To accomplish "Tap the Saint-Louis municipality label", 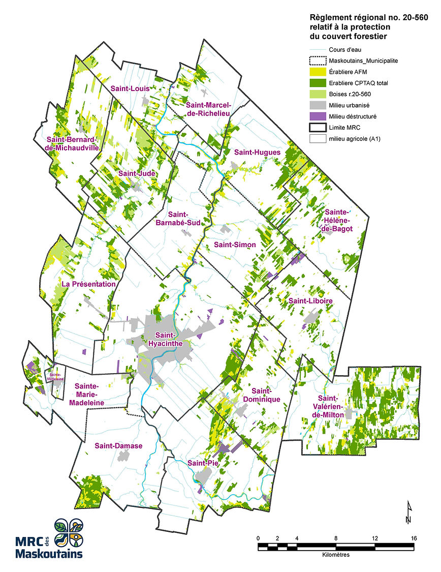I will click(130, 88).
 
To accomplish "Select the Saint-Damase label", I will click(118, 446).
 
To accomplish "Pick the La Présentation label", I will click(88, 284).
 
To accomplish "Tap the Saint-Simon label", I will click(234, 245).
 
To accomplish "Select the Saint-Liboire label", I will click(310, 301).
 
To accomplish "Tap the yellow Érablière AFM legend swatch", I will click(317, 71).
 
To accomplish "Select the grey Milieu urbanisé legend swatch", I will click(317, 105).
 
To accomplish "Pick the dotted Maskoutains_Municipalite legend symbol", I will click(317, 60).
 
